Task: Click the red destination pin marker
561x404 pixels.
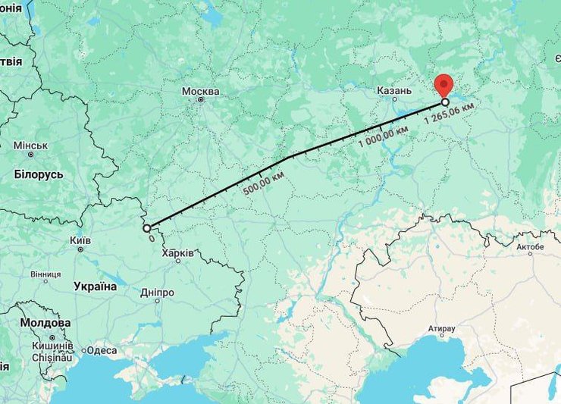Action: (x=441, y=84)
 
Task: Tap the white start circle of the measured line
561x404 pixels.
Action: (x=147, y=227)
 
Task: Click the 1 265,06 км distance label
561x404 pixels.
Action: (x=450, y=114)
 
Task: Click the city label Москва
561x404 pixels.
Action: (x=200, y=91)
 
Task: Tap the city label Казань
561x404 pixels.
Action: (x=393, y=91)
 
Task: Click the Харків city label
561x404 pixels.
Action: (x=177, y=252)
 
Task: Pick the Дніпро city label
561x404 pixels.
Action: (x=157, y=293)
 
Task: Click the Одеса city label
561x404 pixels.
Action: (x=102, y=350)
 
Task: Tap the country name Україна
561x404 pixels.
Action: (x=96, y=287)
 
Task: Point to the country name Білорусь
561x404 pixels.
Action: (x=38, y=174)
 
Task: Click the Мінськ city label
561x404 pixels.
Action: (x=30, y=145)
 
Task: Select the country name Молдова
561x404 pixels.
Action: (x=45, y=323)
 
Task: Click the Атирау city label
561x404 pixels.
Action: (x=441, y=329)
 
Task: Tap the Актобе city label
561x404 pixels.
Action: (x=530, y=247)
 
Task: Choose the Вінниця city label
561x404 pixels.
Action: (x=45, y=274)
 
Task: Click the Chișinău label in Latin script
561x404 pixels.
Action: (x=52, y=356)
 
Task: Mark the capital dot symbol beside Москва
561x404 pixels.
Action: (x=200, y=99)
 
